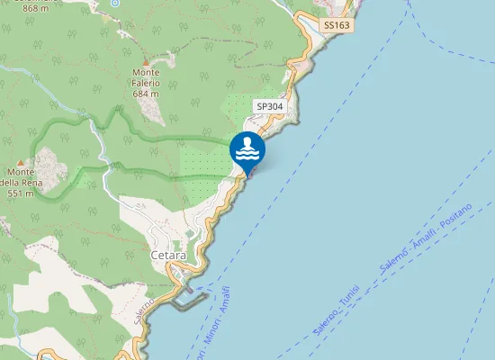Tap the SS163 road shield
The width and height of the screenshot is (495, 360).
click(336, 26)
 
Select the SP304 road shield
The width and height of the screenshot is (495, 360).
click(268, 106)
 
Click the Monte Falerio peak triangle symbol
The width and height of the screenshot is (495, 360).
click(145, 60)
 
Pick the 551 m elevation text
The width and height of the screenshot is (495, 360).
click(20, 193)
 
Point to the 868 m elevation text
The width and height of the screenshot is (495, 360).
click(36, 8)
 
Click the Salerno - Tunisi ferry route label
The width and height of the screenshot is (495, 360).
click(337, 310)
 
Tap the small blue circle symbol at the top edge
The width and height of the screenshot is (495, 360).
click(114, 4)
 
